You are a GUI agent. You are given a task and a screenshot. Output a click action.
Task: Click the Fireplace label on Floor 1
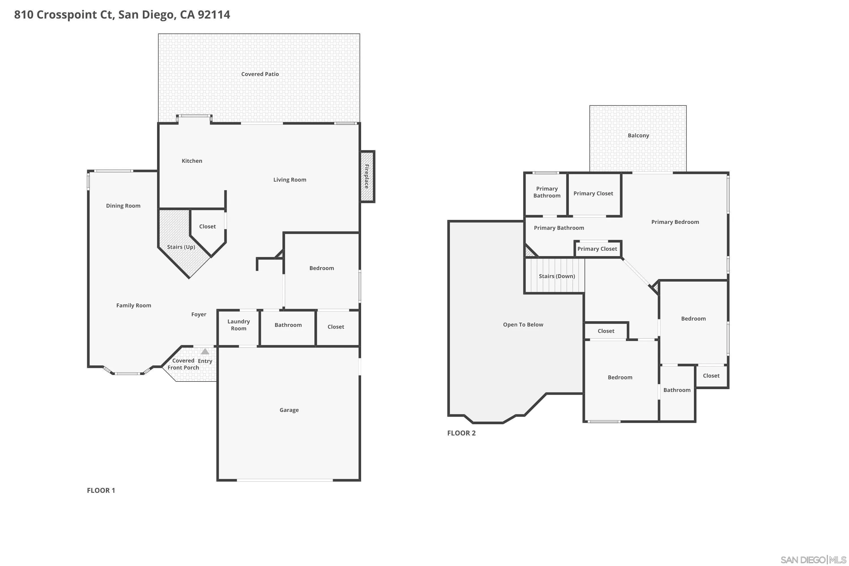click(366, 177)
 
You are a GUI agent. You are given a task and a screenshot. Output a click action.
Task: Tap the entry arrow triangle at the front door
click(205, 351)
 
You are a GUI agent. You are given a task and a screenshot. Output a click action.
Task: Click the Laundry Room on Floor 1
click(238, 325)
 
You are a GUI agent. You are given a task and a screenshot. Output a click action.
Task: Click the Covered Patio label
click(260, 74)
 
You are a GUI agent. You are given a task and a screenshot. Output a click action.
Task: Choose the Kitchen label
click(192, 161)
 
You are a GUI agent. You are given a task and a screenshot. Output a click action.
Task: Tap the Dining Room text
click(123, 206)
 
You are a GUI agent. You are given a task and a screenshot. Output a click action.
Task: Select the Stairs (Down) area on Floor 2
click(557, 276)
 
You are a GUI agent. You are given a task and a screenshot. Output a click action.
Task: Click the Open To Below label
click(523, 325)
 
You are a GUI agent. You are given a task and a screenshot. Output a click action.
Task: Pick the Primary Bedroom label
click(675, 222)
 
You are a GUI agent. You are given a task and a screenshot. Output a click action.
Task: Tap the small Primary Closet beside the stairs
click(597, 249)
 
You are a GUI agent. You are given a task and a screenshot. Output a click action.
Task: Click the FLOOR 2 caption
click(461, 433)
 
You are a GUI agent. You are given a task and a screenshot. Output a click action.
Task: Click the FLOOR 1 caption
click(101, 490)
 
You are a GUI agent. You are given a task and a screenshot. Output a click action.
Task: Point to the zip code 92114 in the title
click(214, 15)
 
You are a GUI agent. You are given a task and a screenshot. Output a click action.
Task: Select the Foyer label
click(199, 315)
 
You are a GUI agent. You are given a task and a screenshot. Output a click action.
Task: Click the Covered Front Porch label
click(183, 364)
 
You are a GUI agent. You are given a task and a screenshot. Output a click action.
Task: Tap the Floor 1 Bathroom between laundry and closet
click(288, 325)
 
